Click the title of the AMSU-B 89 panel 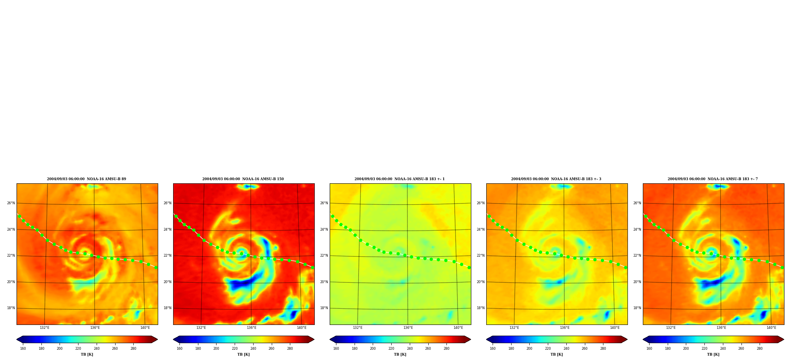point(86,179)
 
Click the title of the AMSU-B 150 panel point(243,179)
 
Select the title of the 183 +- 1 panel point(400,179)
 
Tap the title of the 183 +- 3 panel point(556,179)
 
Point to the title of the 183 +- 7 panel point(713,179)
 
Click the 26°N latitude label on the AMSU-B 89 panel point(11,203)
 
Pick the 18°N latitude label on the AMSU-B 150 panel point(168,308)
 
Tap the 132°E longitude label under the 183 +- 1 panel point(358,328)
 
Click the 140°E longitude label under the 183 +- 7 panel point(771,328)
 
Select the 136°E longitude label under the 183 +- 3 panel point(565,328)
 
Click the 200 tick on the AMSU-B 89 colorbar point(60,349)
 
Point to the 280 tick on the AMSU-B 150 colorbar point(290,349)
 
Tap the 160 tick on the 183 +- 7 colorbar point(649,349)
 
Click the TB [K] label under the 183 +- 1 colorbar point(400,354)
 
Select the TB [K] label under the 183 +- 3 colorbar point(556,354)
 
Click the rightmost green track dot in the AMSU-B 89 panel point(156,267)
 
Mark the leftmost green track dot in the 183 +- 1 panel point(332,216)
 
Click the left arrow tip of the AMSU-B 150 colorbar point(173,339)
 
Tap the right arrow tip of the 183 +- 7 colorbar point(784,339)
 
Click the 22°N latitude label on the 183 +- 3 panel point(481,256)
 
